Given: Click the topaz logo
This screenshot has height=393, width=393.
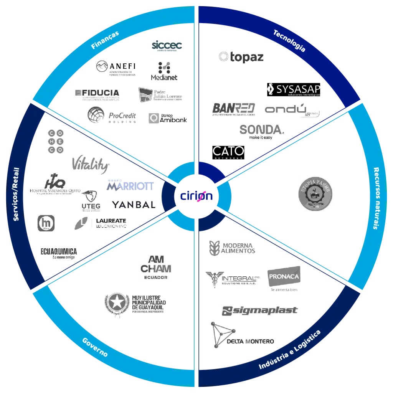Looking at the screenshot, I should [x=241, y=57].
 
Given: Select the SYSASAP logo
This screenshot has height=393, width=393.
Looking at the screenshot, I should [x=295, y=89].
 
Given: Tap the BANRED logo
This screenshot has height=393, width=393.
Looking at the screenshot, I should [x=235, y=109].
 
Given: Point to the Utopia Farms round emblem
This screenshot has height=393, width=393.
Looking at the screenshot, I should [x=316, y=193].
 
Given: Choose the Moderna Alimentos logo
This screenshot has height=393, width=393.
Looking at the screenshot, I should [x=233, y=248].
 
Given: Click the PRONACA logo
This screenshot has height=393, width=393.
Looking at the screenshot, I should [x=284, y=279].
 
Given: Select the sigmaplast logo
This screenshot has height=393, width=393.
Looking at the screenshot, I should [x=259, y=311].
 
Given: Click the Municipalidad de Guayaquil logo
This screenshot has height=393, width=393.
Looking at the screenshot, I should [x=135, y=304].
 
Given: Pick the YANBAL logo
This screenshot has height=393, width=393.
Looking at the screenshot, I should [x=133, y=205].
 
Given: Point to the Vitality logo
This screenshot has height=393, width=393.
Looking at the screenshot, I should [x=91, y=164].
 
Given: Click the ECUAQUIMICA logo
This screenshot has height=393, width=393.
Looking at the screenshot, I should [x=58, y=253].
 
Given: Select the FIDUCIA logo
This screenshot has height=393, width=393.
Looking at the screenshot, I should [x=97, y=94].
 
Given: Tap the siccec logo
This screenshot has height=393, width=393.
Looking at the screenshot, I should [x=167, y=47].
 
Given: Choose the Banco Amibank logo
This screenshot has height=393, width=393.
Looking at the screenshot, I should [x=168, y=118].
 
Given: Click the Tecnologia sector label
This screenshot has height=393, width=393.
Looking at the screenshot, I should [x=289, y=40].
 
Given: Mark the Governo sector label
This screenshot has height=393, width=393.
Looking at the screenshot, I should [x=95, y=347].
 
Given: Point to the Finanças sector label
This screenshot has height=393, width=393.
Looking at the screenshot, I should [x=105, y=40].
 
